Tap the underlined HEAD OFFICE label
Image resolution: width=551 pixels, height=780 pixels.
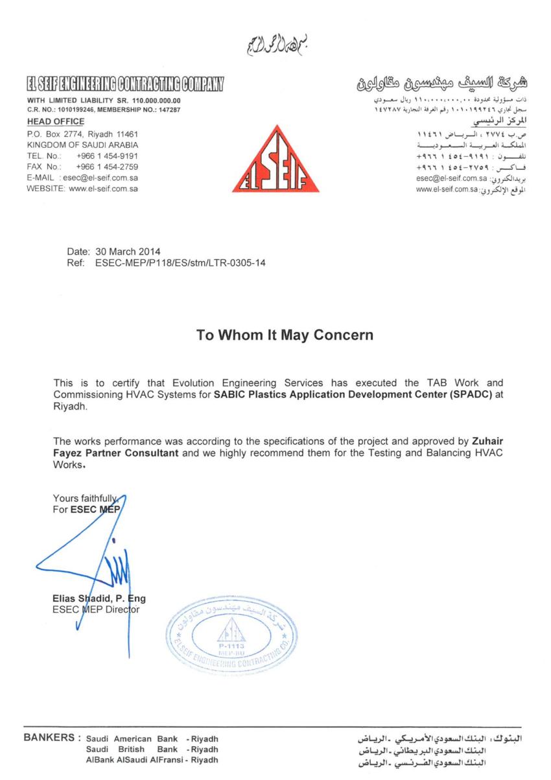pos(55,121)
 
